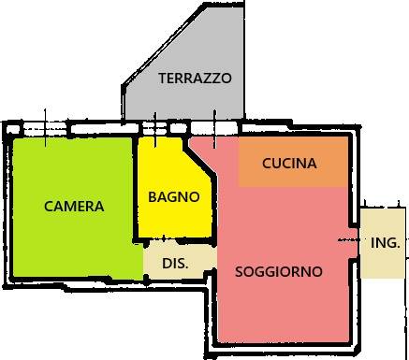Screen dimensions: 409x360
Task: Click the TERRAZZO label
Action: pos(195,78)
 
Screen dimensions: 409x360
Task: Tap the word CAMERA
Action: pos(74,207)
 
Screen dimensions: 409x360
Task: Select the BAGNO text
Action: pos(174,197)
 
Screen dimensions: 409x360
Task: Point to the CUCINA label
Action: pos(289,164)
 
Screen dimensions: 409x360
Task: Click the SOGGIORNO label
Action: pos(279,272)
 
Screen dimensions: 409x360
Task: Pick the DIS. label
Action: pos(175,264)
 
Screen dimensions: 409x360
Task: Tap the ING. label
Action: pos(386,243)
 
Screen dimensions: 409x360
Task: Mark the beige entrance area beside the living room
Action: pos(383,243)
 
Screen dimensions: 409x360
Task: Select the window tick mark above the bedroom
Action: pos(45,128)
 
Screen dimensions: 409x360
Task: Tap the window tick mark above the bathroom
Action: pos(155,130)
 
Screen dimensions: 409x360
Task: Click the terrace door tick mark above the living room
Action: pos(214,129)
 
